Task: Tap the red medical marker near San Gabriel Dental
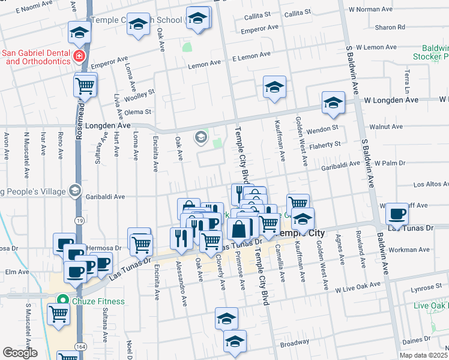tap(78, 56)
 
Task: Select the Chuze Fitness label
tap(100, 301)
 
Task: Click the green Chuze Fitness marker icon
tap(61, 301)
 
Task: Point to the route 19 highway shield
tap(80, 220)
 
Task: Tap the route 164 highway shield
tap(80, 347)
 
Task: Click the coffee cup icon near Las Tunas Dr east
tap(397, 214)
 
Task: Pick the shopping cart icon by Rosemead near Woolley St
tap(85, 86)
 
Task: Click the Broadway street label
tap(294, 344)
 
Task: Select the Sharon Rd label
tap(390, 27)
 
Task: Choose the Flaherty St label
tap(325, 144)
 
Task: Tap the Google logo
tap(20, 352)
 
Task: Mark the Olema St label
tap(137, 112)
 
